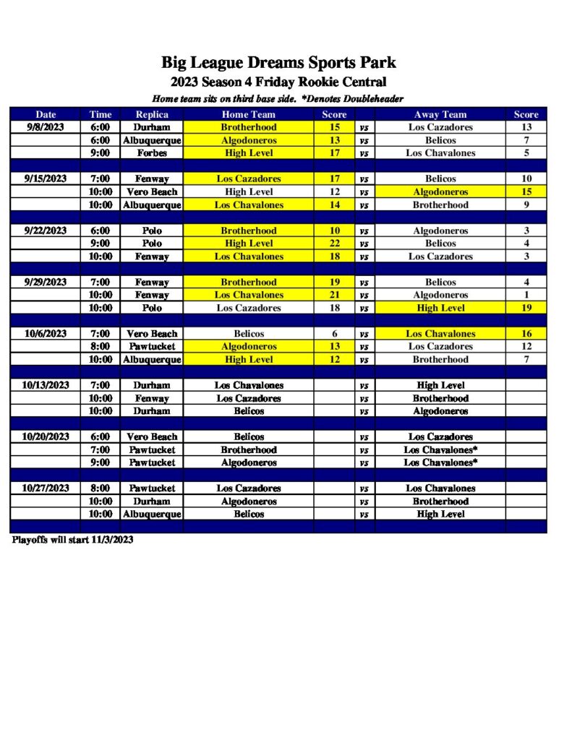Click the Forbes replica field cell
(152, 153)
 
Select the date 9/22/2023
(46, 231)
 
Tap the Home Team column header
(248, 114)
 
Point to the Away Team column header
(440, 114)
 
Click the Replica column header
(152, 114)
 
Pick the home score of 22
(334, 244)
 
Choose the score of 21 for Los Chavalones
(334, 295)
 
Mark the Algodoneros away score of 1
(526, 295)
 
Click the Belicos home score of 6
(334, 334)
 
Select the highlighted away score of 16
(526, 334)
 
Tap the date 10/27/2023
(46, 488)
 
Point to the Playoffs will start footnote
(72, 540)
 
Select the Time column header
(101, 114)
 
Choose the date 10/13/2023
(46, 385)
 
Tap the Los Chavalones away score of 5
(526, 153)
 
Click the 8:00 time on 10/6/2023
(101, 347)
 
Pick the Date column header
(46, 114)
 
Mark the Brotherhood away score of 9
(526, 205)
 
